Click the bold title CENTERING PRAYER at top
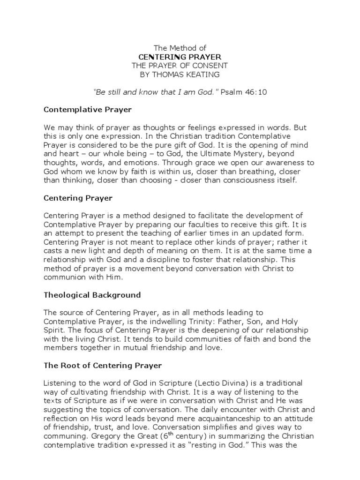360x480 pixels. (x=180, y=57)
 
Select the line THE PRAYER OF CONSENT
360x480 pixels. (x=180, y=66)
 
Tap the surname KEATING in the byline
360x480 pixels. (x=200, y=75)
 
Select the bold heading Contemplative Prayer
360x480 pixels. (x=88, y=110)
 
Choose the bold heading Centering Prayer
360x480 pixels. (x=78, y=198)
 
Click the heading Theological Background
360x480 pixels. (x=92, y=295)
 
